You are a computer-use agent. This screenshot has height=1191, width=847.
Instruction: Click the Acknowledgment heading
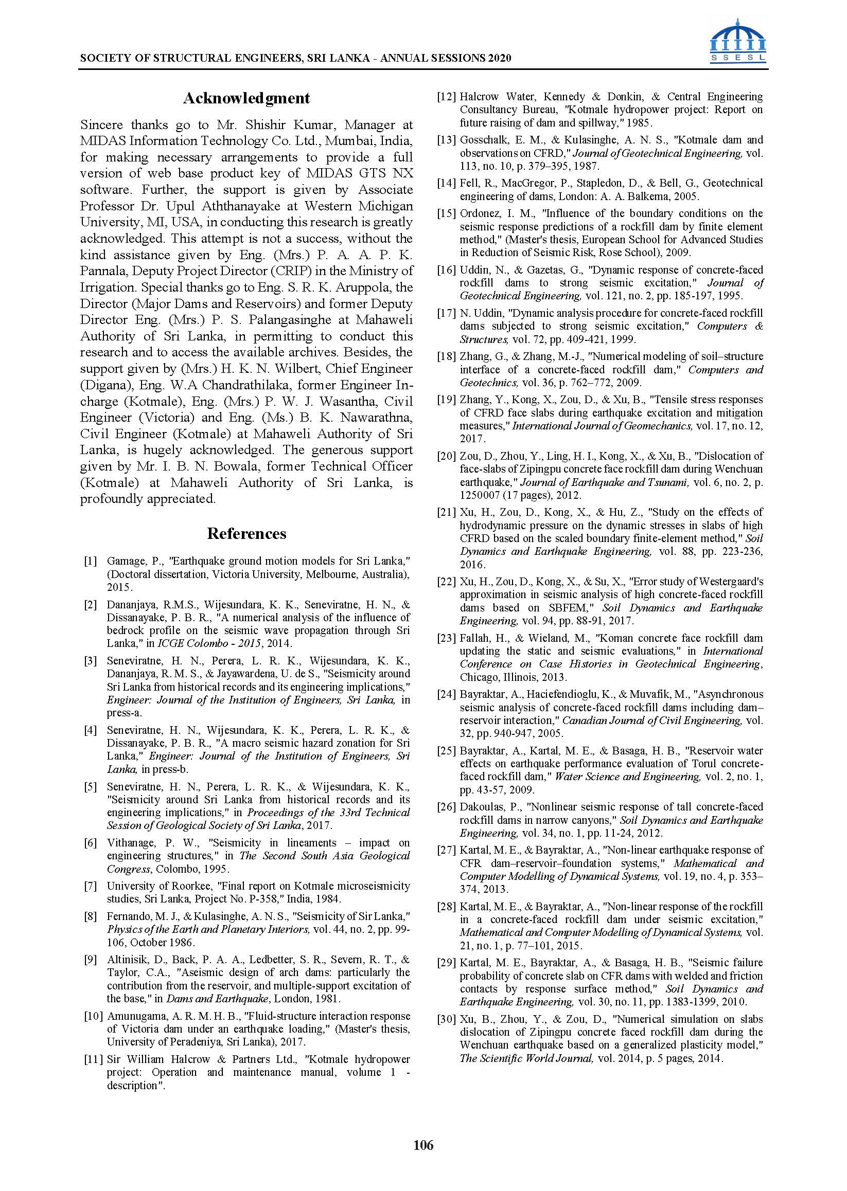click(246, 98)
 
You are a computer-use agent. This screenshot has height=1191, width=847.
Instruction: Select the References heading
click(246, 533)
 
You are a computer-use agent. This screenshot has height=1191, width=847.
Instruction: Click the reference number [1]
click(90, 562)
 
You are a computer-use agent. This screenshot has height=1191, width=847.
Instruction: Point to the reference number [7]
click(90, 886)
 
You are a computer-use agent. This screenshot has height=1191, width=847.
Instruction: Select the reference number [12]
click(447, 97)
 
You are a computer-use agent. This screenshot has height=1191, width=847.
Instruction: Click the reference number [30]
click(447, 1019)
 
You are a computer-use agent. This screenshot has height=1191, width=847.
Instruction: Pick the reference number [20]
click(447, 456)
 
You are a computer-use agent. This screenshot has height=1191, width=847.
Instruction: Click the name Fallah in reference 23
click(474, 638)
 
